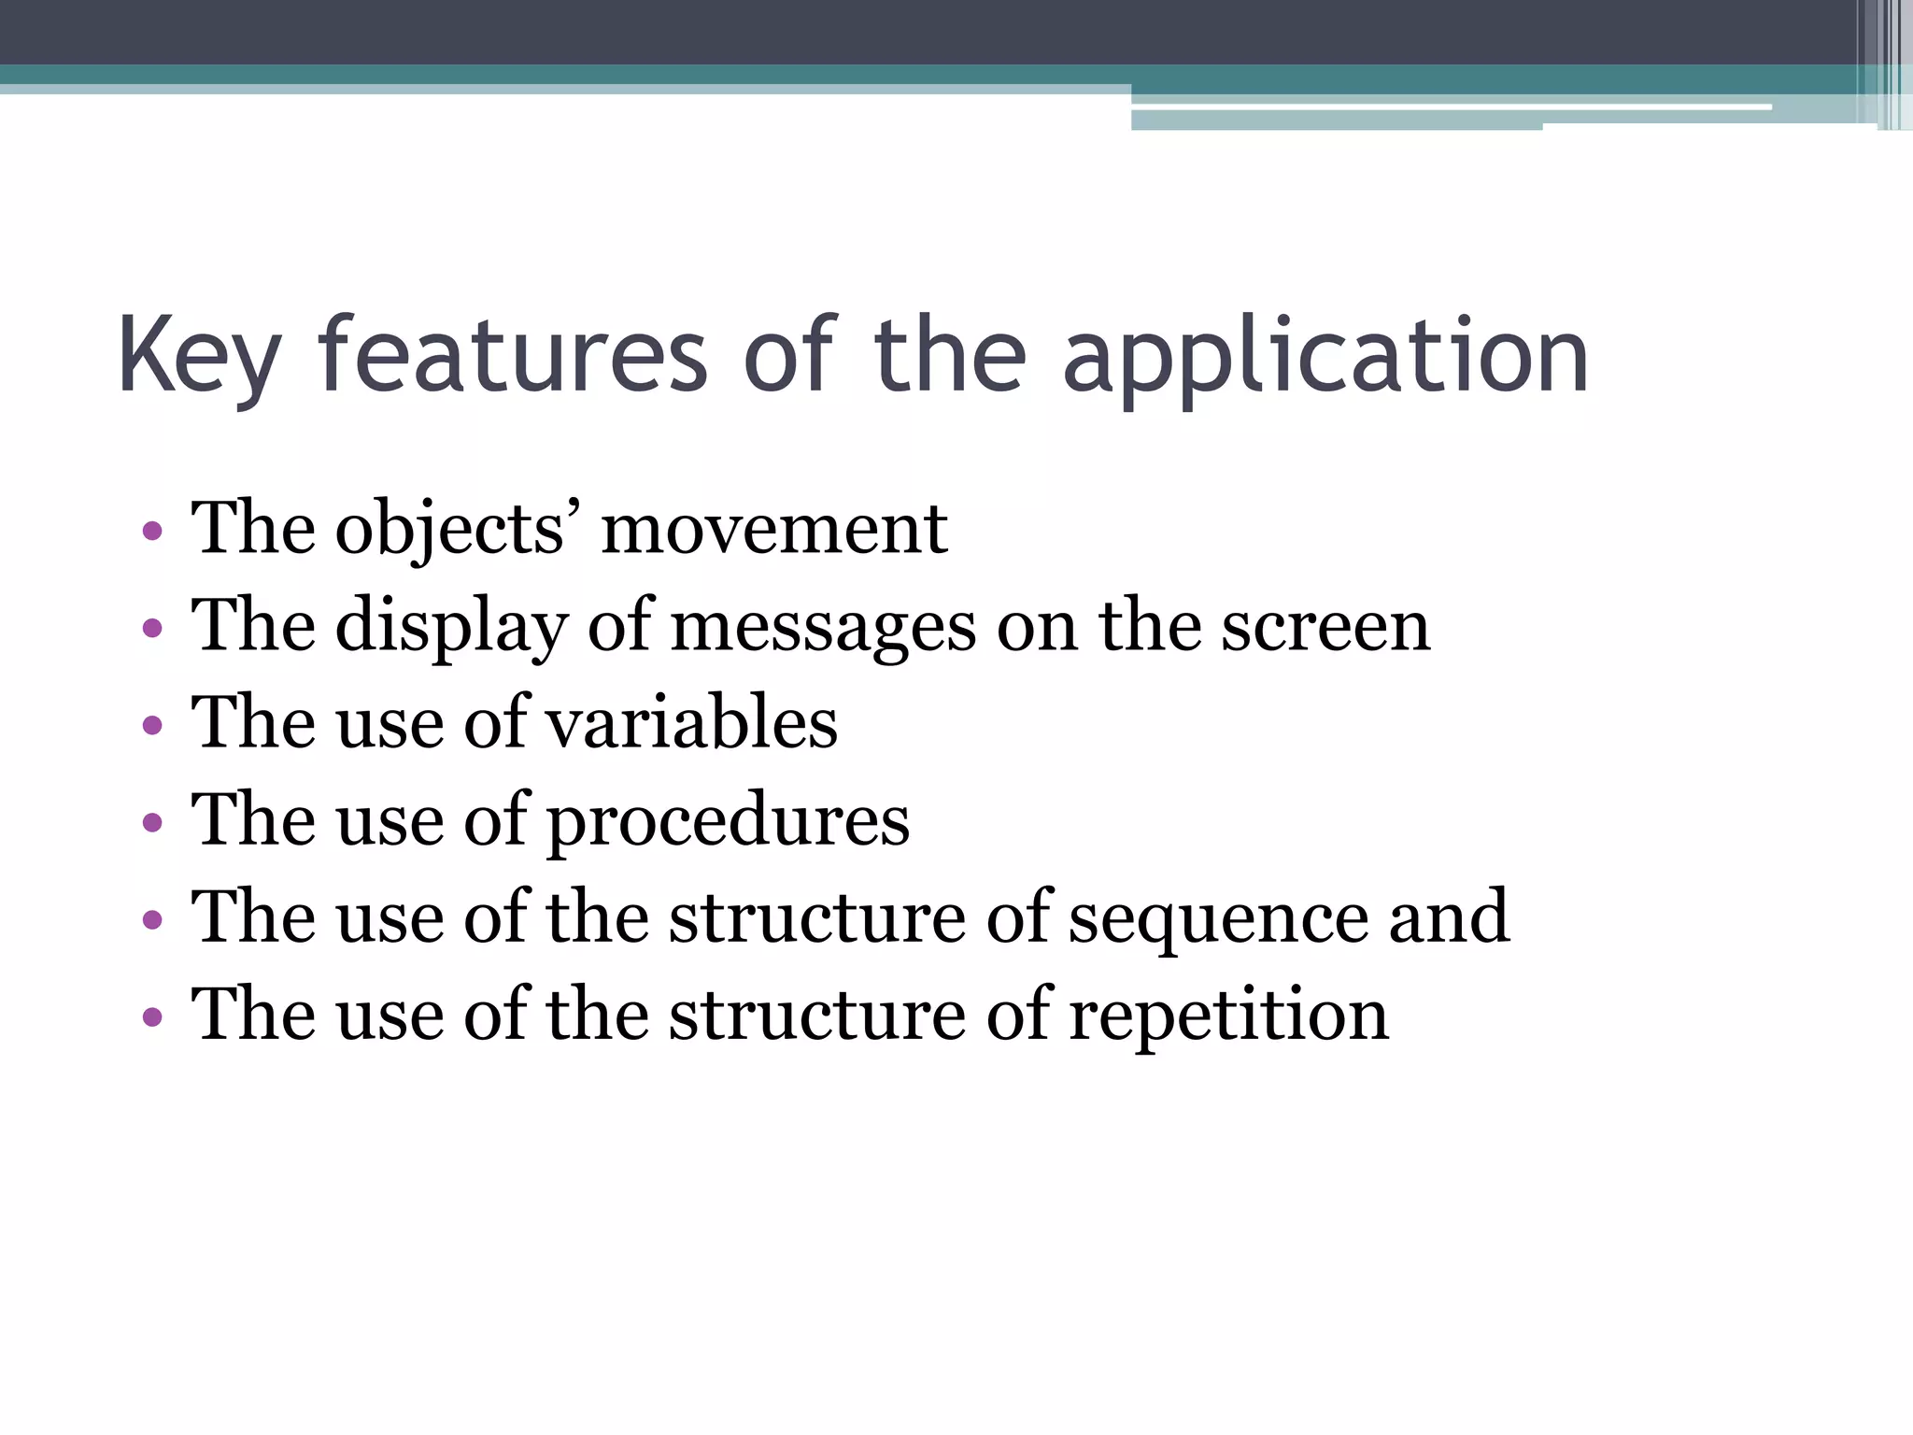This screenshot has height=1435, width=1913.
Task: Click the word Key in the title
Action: click(199, 358)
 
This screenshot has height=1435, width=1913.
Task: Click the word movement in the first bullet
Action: click(774, 529)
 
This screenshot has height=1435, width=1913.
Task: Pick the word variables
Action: click(691, 723)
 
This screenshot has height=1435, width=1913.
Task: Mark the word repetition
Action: click(1228, 1016)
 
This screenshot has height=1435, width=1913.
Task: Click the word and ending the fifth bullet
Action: click(1449, 917)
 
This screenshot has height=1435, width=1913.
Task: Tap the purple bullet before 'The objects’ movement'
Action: click(152, 533)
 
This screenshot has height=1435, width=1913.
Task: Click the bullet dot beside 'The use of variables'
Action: click(152, 726)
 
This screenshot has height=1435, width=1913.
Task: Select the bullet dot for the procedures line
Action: click(152, 823)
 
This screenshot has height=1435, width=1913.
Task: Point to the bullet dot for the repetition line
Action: click(152, 1016)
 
